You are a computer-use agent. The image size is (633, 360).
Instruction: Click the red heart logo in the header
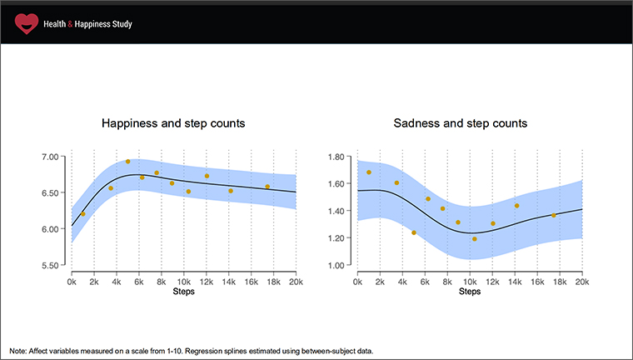[x=27, y=23]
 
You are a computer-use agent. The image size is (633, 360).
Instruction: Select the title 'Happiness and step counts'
[x=173, y=123]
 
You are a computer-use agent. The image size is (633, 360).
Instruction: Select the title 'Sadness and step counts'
[x=461, y=123]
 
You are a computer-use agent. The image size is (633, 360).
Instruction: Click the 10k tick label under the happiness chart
[x=183, y=282]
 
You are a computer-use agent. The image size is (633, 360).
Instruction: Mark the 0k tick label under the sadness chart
[x=357, y=282]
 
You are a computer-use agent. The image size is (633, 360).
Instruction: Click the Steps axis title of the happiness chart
[x=183, y=292]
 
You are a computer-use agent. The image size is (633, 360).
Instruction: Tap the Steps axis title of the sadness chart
[x=469, y=292]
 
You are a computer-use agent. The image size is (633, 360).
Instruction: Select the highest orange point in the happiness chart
[x=127, y=162]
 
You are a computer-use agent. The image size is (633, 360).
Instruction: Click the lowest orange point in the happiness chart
[x=82, y=214]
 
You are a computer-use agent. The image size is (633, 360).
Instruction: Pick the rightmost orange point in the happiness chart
[x=267, y=187]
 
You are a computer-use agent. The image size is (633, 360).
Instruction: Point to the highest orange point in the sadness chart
[x=369, y=172]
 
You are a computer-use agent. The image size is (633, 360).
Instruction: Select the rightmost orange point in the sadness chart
[x=554, y=215]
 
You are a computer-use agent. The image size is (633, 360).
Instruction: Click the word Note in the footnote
[x=18, y=351]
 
